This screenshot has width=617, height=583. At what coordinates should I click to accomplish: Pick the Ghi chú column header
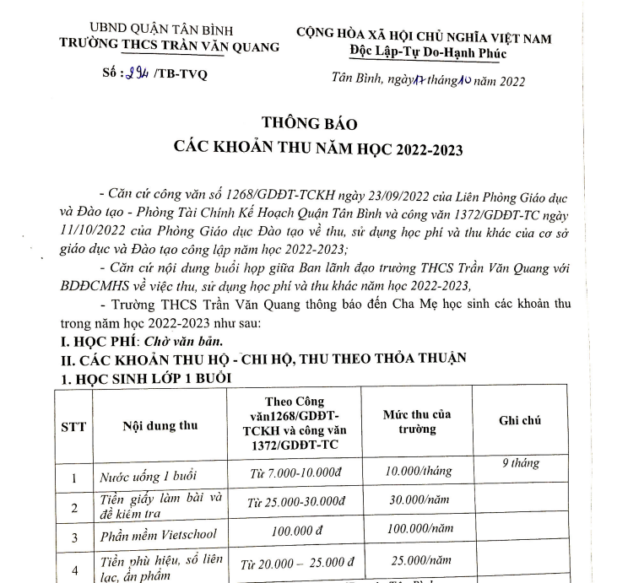[520, 420]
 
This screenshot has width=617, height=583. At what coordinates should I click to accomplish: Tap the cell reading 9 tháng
[520, 462]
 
